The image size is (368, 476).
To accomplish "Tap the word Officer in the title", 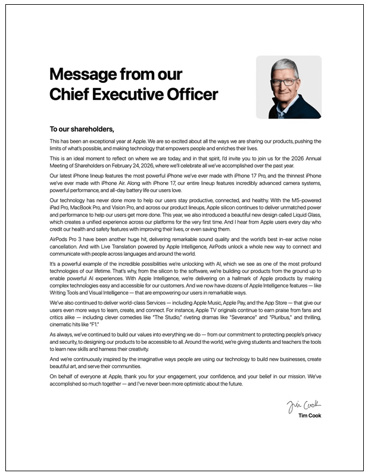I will coord(191,95).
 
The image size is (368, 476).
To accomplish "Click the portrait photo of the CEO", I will coord(288,87).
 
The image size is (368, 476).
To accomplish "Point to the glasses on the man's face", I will coord(285,80).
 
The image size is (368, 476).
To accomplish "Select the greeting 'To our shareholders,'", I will coord(82,129).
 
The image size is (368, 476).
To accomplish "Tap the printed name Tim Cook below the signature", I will coord(310,415).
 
